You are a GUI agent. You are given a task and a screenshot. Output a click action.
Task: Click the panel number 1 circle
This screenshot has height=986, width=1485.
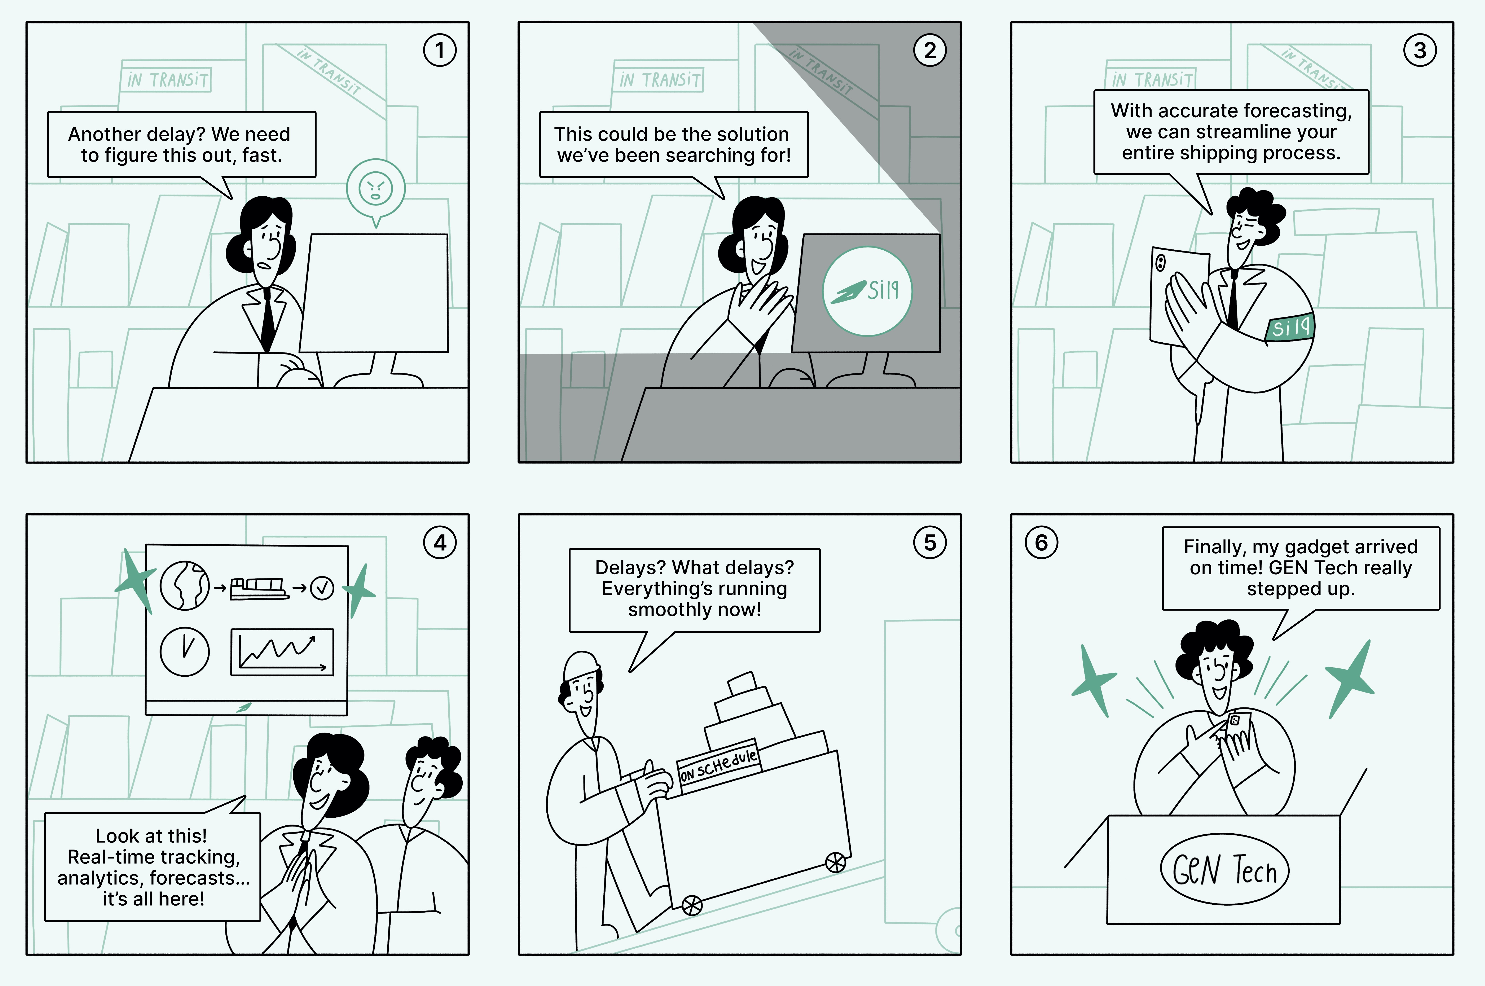point(440,50)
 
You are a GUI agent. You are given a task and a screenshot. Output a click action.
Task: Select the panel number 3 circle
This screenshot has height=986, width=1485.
point(1420,50)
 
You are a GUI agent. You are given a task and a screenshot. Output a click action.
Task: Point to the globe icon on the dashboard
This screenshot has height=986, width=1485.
point(184,585)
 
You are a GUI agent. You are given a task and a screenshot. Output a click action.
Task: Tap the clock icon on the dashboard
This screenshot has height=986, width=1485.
point(184,652)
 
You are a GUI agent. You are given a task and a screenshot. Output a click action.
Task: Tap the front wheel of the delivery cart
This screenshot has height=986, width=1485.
point(692,906)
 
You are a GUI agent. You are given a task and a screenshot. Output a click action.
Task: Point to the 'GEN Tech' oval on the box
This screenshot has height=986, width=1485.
point(1224,870)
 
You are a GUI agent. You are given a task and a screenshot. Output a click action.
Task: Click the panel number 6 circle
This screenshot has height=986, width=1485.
point(1042,542)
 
